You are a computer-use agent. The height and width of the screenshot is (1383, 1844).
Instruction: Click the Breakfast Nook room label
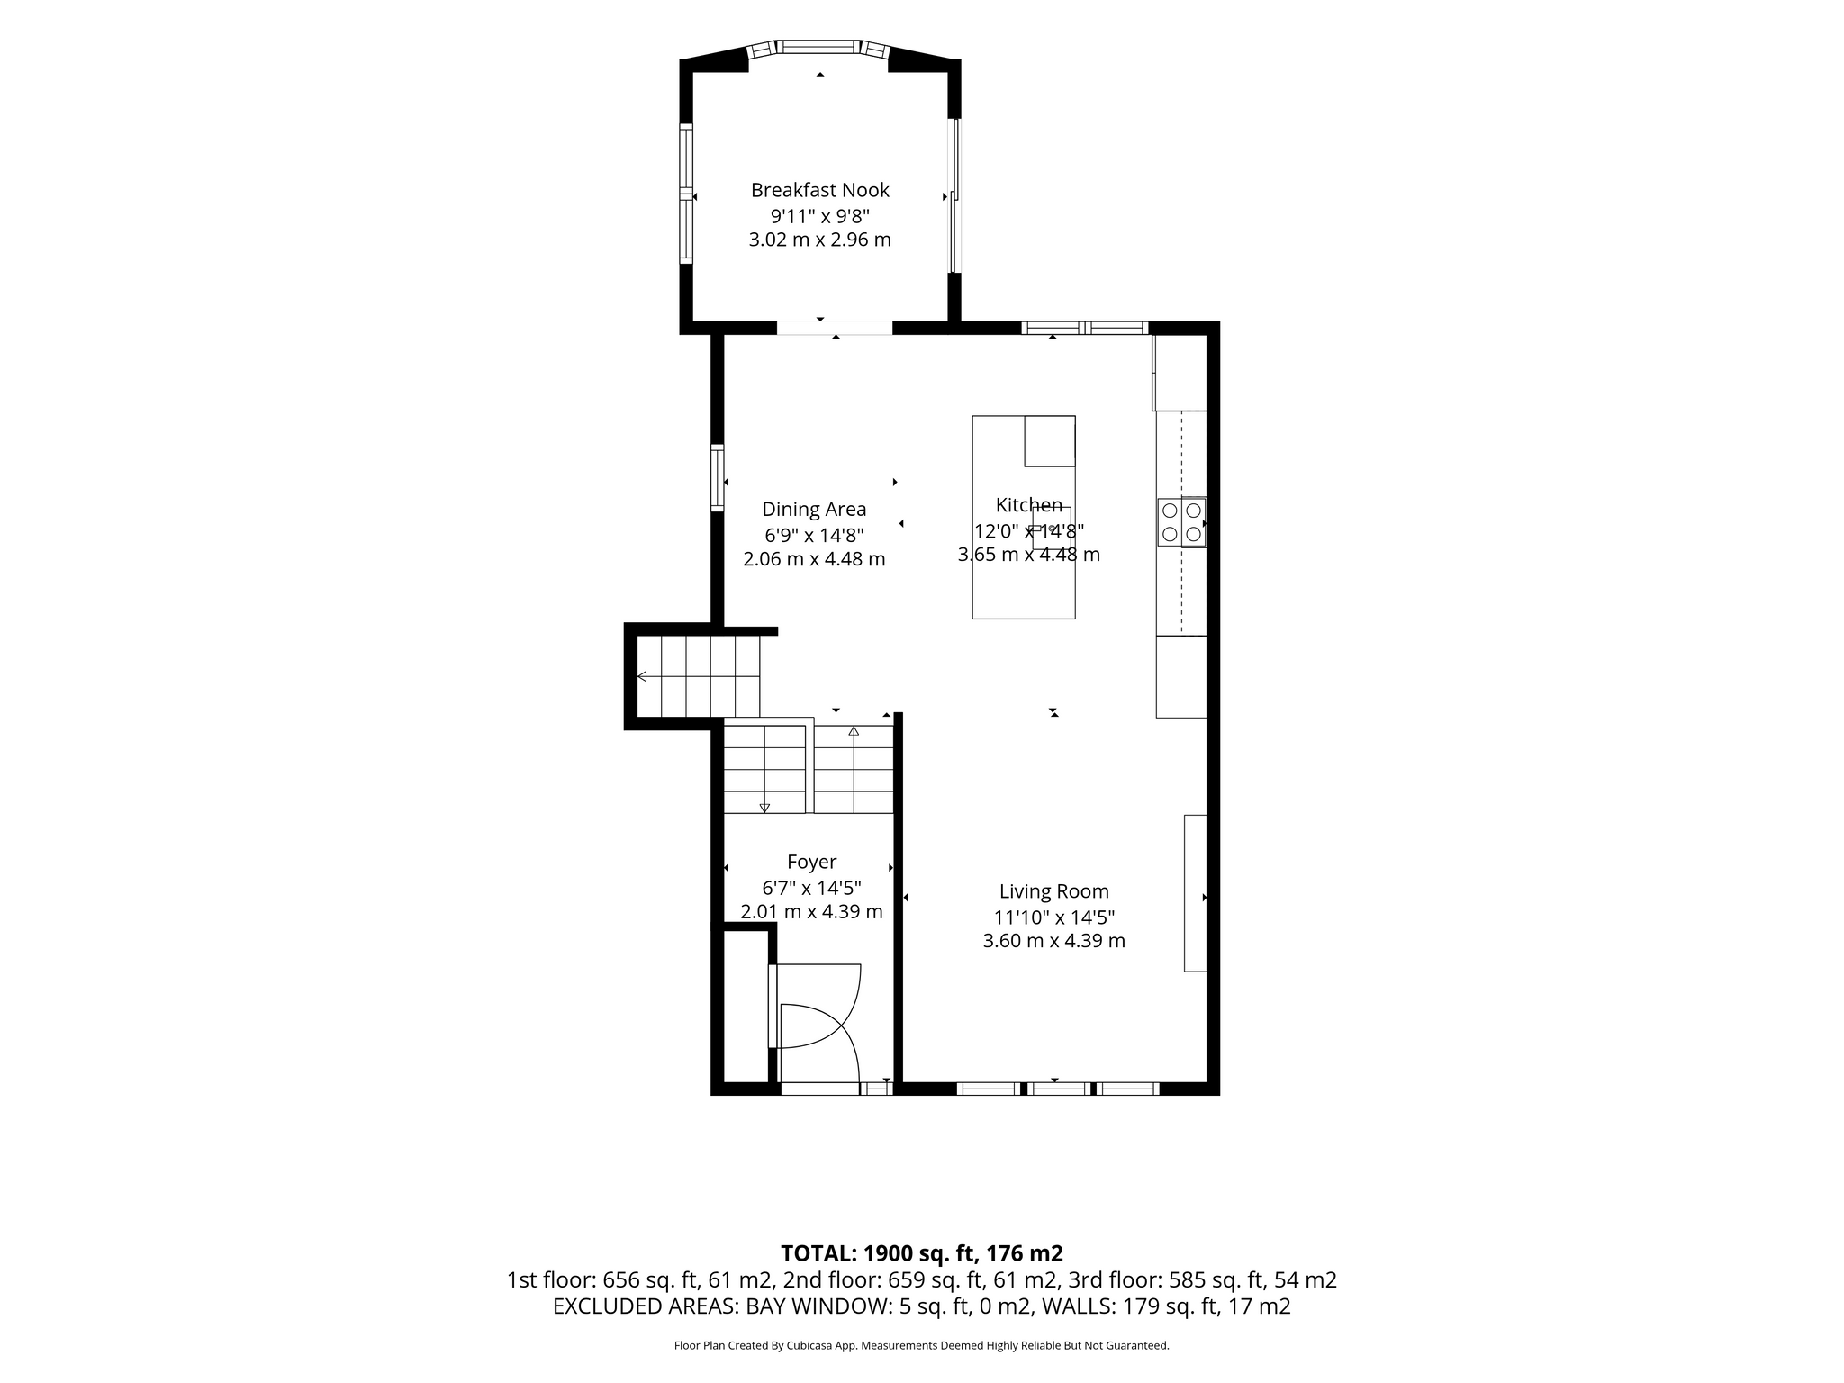point(819,190)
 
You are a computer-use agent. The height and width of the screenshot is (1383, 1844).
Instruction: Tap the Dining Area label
point(814,510)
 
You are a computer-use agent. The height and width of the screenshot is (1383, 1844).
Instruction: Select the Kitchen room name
point(1028,504)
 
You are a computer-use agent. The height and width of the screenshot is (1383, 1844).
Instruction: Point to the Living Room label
point(1053,891)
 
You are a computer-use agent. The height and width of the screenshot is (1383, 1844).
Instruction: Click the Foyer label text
point(811,863)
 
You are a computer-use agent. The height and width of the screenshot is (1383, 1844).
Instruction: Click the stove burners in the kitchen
point(1181,521)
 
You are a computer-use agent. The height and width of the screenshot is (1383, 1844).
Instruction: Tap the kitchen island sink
point(1051,529)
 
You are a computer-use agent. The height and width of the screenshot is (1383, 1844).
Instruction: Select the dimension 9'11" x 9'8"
point(819,216)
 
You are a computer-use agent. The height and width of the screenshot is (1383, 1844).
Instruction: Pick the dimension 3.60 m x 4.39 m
point(1053,941)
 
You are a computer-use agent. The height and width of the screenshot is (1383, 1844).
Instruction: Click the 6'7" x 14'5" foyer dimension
point(811,888)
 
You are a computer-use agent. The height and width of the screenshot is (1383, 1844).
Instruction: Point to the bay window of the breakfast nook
point(819,48)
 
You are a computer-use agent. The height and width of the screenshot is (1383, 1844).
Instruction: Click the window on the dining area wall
point(718,478)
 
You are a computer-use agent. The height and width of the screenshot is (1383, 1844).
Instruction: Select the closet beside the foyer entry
point(746,1007)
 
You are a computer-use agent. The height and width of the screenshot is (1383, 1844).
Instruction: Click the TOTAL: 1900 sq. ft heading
point(921,1253)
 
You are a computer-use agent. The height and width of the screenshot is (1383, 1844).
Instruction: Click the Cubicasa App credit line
point(921,1346)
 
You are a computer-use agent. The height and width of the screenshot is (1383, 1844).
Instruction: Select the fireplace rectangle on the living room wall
point(1195,893)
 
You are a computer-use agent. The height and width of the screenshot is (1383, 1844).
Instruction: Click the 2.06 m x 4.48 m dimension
point(814,559)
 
